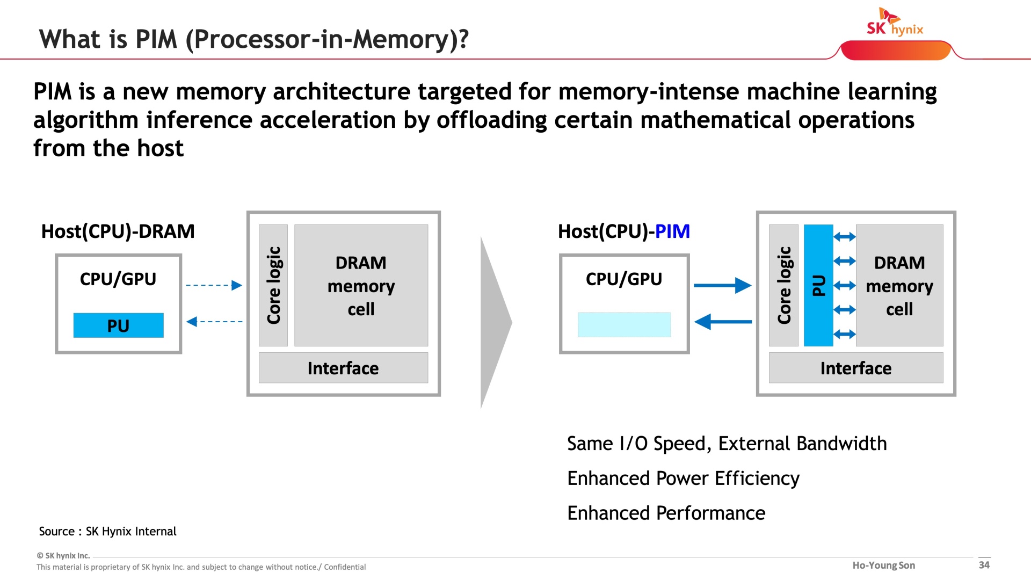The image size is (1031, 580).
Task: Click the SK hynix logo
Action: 895,22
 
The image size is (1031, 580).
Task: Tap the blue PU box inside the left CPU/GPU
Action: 118,325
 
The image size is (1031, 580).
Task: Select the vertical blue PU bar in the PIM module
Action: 818,285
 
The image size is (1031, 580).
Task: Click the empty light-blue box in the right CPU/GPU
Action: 624,325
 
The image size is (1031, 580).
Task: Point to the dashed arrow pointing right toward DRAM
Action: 214,285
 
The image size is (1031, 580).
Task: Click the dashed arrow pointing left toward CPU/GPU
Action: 214,322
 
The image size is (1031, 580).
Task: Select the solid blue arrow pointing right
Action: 722,285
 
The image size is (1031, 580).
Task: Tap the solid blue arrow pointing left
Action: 723,322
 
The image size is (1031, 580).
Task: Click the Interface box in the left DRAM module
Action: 343,368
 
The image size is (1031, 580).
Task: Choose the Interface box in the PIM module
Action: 856,368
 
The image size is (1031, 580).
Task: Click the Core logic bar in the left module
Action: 273,285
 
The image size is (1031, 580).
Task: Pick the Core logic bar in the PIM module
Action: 783,285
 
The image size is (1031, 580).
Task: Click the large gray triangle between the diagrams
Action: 495,322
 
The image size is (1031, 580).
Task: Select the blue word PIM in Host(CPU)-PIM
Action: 672,231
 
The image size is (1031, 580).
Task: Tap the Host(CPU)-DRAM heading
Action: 118,231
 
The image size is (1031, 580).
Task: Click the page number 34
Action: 984,565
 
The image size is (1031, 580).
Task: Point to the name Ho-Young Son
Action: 884,565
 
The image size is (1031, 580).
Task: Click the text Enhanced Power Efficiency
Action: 683,478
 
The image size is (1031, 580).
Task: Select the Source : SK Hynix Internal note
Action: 107,531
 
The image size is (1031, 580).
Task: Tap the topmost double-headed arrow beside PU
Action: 845,236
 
